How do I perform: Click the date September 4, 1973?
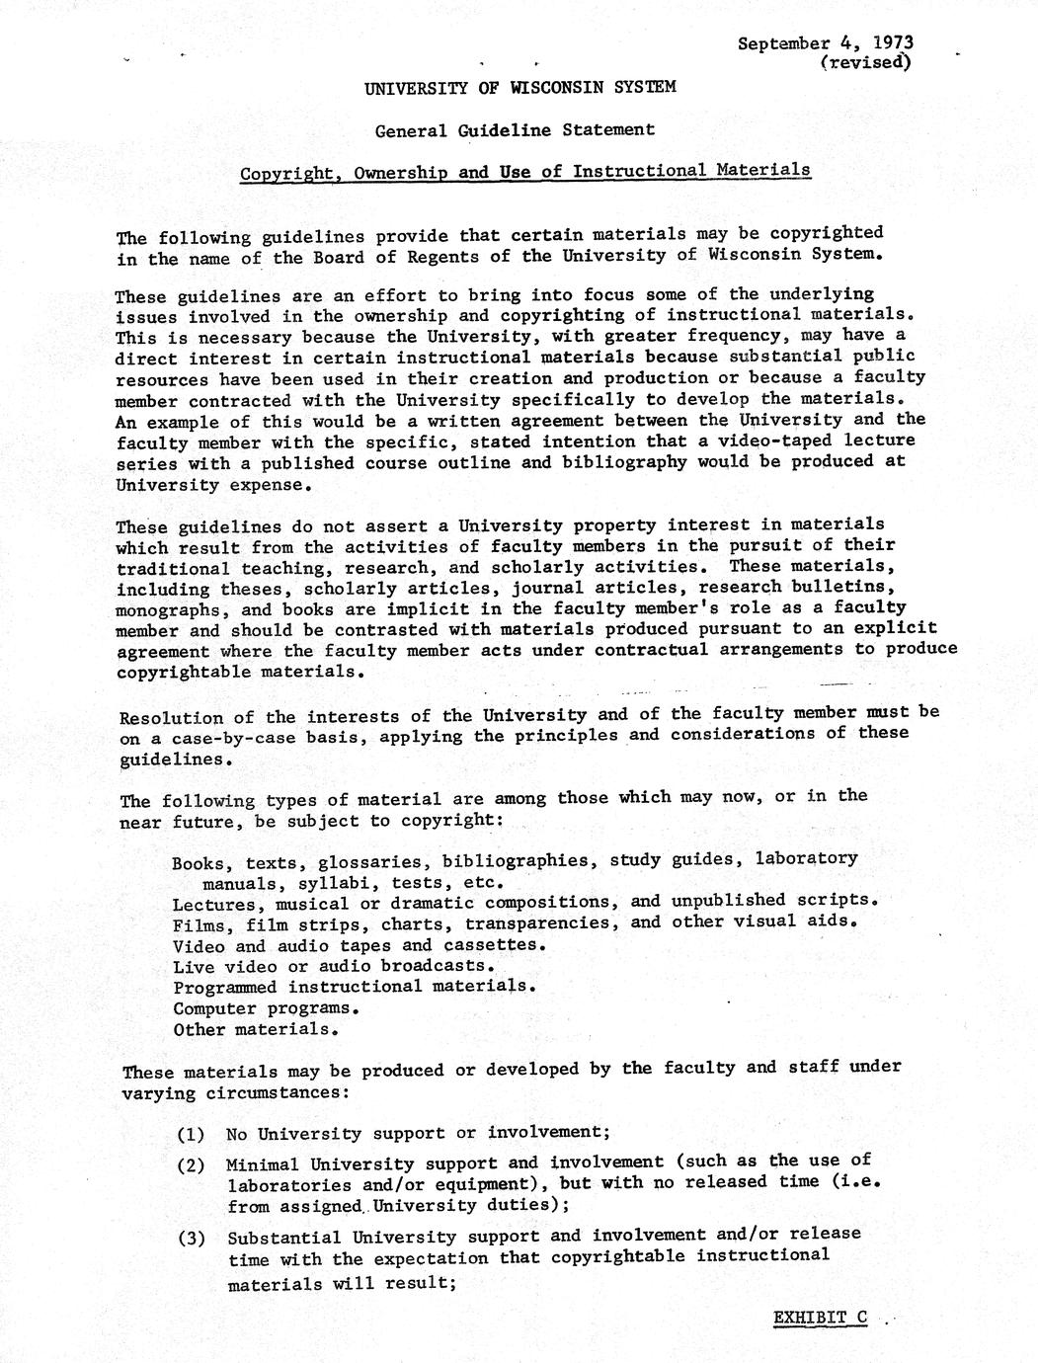point(826,43)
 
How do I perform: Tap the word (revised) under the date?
point(865,63)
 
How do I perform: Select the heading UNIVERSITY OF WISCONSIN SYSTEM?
point(520,87)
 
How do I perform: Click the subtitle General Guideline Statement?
point(515,129)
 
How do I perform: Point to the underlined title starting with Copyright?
point(525,172)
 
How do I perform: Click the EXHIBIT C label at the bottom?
point(820,1318)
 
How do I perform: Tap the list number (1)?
point(191,1134)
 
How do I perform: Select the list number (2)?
point(191,1164)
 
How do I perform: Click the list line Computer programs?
point(266,1008)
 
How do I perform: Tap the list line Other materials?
point(257,1029)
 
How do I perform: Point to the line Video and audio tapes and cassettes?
point(359,944)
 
